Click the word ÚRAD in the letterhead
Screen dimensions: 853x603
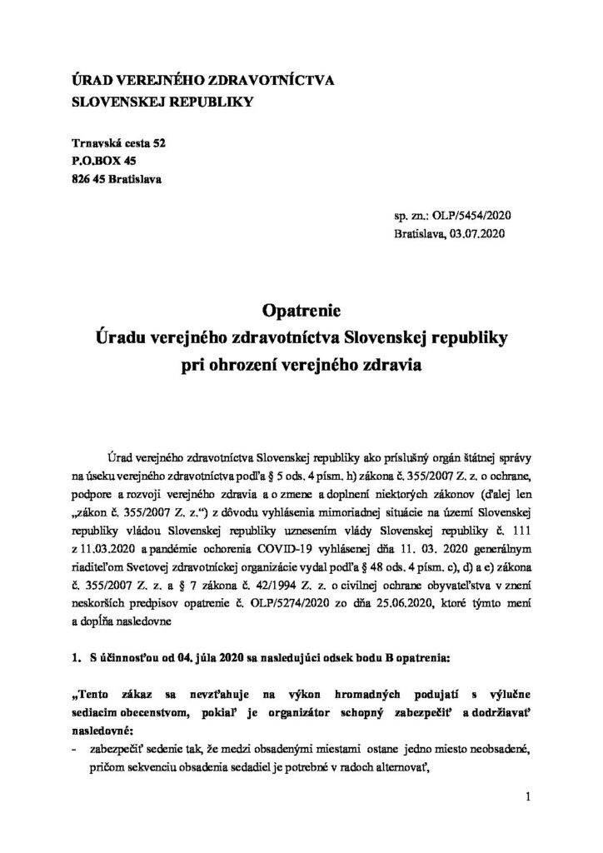point(92,81)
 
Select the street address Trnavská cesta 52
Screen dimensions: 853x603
point(119,143)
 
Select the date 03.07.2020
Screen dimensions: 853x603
point(484,234)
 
